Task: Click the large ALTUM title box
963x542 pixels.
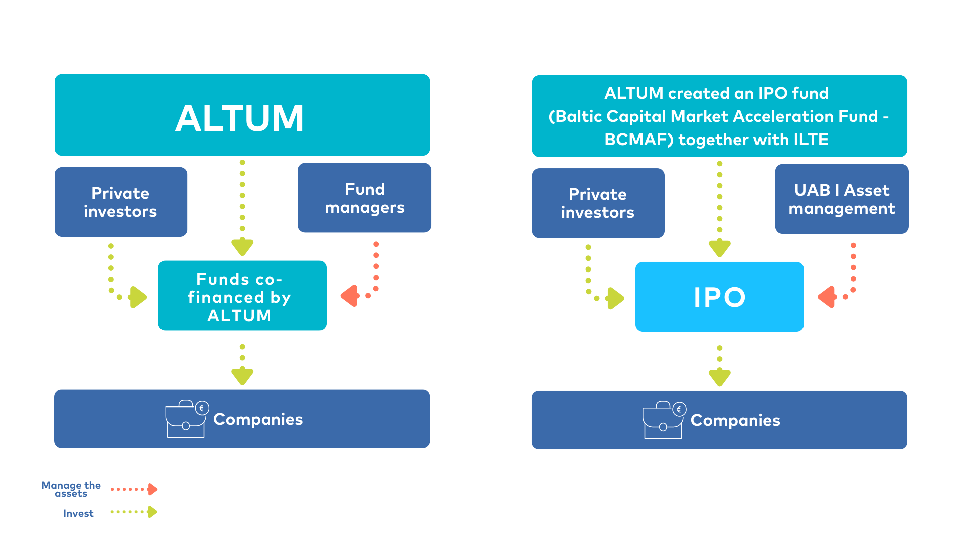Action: [242, 115]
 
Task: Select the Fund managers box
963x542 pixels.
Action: [364, 198]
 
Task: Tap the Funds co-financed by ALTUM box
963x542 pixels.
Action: [242, 296]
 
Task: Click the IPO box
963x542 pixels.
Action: [719, 297]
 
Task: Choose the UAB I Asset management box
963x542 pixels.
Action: [842, 199]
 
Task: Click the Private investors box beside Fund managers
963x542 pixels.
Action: [120, 202]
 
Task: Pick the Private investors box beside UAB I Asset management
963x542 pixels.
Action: [598, 203]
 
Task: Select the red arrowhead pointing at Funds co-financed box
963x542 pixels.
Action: [350, 296]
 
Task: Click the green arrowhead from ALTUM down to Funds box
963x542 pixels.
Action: [242, 246]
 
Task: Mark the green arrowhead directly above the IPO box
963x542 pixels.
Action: [720, 247]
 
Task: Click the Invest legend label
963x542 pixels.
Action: [78, 513]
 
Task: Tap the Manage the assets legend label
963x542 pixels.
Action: [71, 489]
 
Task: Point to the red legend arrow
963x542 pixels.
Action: [152, 489]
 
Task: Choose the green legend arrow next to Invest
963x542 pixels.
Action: [152, 512]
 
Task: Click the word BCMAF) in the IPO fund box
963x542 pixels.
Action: [638, 140]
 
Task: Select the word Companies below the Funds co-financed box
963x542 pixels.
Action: [258, 419]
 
